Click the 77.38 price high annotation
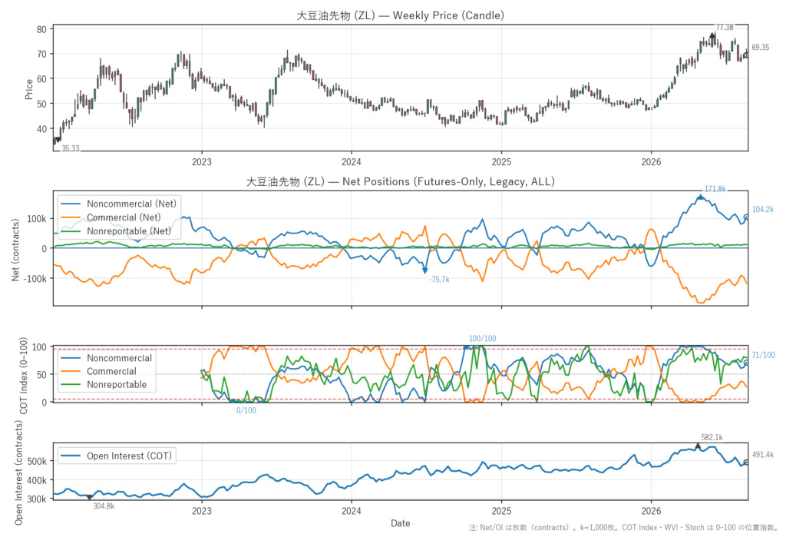tap(725, 28)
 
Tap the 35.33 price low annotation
tap(71, 148)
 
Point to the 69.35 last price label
tap(761, 47)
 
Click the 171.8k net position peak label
tap(715, 189)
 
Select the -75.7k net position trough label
tap(439, 280)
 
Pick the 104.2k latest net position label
tap(763, 209)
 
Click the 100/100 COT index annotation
tap(482, 339)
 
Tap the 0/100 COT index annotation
tap(246, 410)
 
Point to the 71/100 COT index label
tap(764, 356)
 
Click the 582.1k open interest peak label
tap(712, 438)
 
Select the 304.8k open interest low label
tap(104, 506)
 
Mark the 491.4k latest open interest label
tap(763, 455)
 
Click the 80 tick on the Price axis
tap(41, 29)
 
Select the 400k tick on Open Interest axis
tap(37, 480)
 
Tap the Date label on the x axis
tap(401, 523)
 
